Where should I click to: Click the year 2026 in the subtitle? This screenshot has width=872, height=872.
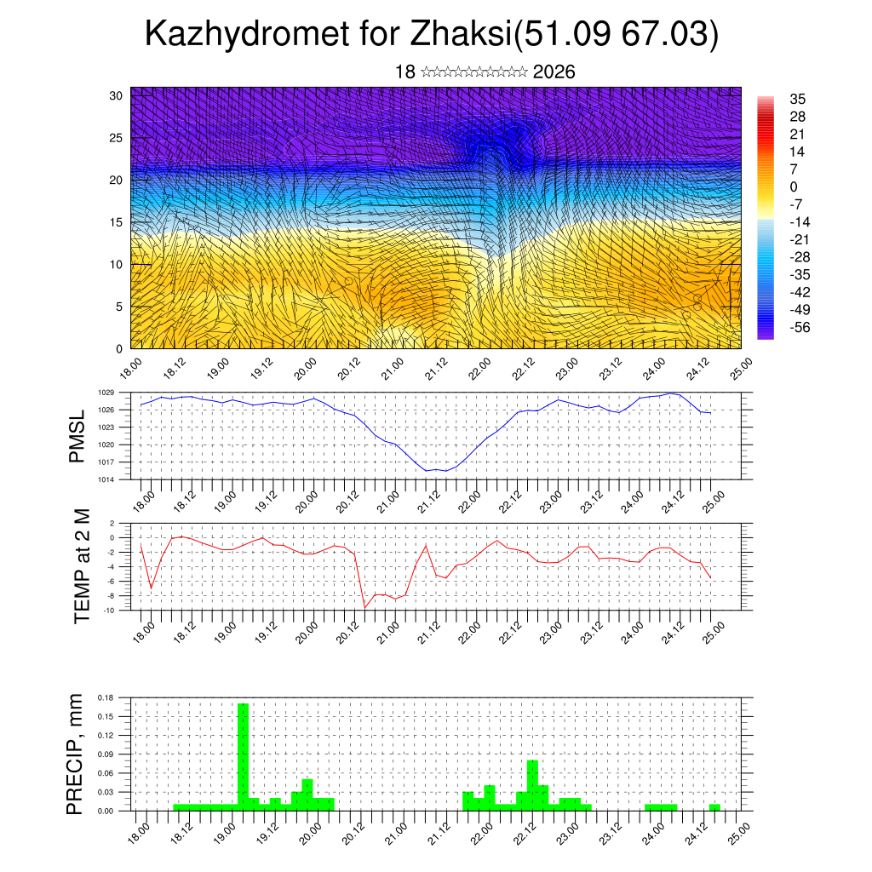click(554, 72)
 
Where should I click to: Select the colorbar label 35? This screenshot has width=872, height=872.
click(799, 99)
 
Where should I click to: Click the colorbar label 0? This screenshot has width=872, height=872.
click(794, 186)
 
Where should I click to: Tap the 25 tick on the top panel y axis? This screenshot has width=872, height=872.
click(116, 137)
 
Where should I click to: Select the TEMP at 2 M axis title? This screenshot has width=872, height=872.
click(82, 565)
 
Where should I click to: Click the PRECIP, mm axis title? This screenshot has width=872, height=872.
click(77, 753)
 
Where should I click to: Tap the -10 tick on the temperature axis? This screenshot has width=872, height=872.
click(109, 611)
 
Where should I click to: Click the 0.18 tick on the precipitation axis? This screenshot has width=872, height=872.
click(106, 697)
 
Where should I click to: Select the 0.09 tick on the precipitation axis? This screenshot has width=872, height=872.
click(106, 754)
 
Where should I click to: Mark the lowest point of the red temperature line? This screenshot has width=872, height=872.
click(365, 607)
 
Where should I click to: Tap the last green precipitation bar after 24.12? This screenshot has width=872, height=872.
click(714, 807)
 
